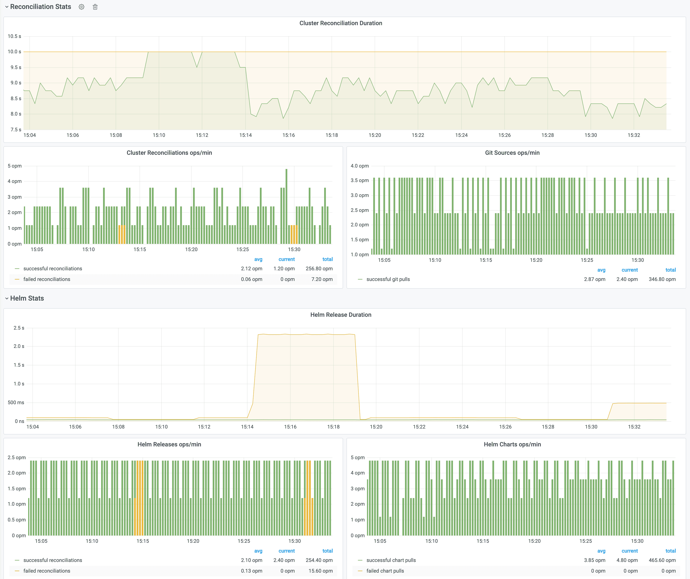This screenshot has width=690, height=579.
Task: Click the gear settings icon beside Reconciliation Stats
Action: pyautogui.click(x=82, y=7)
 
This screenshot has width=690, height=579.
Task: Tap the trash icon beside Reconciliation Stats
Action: pyautogui.click(x=95, y=7)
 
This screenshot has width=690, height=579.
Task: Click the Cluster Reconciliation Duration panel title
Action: pyautogui.click(x=341, y=23)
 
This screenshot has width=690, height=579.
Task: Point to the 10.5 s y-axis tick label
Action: pyautogui.click(x=15, y=36)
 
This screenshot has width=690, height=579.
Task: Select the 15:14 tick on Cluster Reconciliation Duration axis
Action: pyautogui.click(x=245, y=135)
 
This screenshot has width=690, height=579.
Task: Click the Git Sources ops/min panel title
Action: pyautogui.click(x=512, y=153)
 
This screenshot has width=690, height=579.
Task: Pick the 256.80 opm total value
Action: pyautogui.click(x=319, y=268)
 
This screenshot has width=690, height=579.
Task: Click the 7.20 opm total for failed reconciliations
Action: pyautogui.click(x=322, y=279)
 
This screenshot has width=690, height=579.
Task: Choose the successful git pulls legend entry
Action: pyautogui.click(x=388, y=279)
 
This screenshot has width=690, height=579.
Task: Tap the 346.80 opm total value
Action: pyautogui.click(x=662, y=279)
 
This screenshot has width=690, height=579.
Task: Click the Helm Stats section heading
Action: pyautogui.click(x=27, y=298)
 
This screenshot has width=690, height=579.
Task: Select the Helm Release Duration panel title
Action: pyautogui.click(x=341, y=314)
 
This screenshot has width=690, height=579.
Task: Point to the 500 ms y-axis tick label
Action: pyautogui.click(x=16, y=402)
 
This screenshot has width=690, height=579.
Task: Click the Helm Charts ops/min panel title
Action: pyautogui.click(x=512, y=444)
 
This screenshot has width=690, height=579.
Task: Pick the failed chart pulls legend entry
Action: pyautogui.click(x=385, y=571)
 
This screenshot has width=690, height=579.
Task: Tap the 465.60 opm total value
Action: pyautogui.click(x=662, y=560)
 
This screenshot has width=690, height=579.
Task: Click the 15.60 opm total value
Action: pyautogui.click(x=320, y=571)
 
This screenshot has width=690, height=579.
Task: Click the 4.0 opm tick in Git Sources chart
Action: pyautogui.click(x=360, y=166)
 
